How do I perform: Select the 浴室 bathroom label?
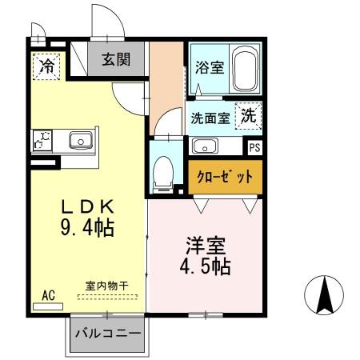[209, 69]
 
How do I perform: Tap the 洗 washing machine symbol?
[250, 115]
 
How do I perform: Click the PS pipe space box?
[254, 146]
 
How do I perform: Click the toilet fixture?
[163, 170]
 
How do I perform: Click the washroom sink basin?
[206, 146]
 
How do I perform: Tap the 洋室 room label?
[203, 242]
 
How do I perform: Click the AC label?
[49, 294]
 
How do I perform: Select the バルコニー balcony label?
[108, 333]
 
